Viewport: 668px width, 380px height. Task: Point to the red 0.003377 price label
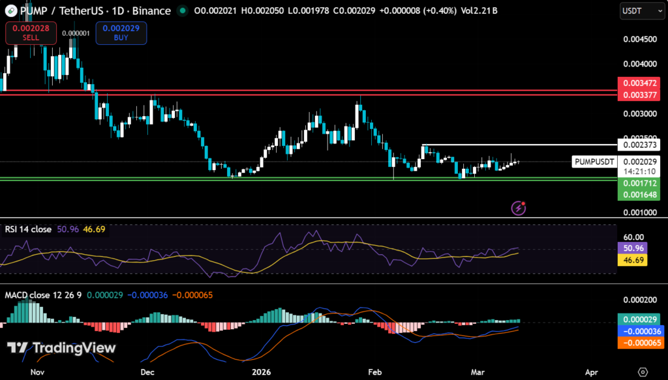pos(641,95)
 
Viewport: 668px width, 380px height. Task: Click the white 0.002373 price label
pos(641,145)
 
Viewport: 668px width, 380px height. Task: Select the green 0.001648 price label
pos(641,194)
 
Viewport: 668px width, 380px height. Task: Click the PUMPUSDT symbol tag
pos(594,162)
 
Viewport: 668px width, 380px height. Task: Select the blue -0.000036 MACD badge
pos(641,331)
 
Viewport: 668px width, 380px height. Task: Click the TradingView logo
pos(62,347)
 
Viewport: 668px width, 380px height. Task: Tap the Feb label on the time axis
pos(374,372)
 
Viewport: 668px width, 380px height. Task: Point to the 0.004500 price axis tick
pos(639,39)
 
